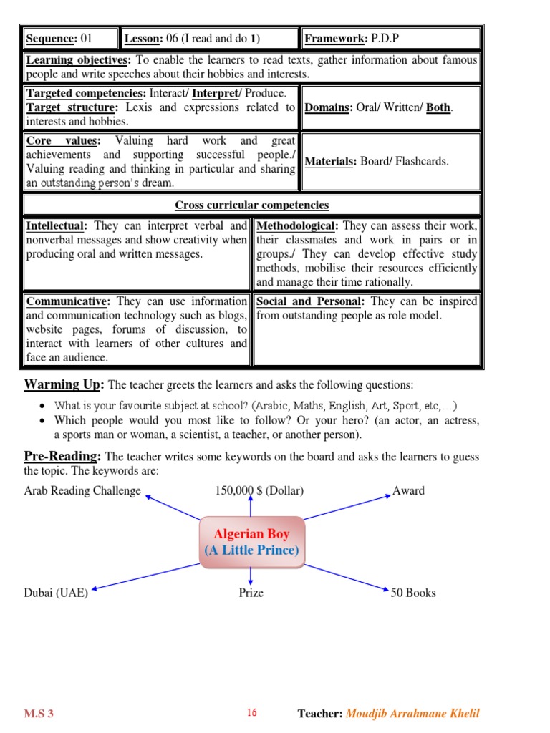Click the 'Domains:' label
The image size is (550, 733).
point(327,107)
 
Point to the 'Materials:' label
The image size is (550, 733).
point(331,161)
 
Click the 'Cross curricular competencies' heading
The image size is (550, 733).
point(252,205)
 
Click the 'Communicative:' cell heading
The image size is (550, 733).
point(67,301)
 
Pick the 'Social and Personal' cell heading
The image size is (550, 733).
point(308,301)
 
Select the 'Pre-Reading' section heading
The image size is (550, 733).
point(62,456)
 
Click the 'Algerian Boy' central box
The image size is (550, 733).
point(251,543)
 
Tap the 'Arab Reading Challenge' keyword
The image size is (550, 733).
point(82,491)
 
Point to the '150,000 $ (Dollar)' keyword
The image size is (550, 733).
point(259,491)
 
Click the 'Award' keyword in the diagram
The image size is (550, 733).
point(408,491)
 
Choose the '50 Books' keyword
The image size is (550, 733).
point(412,593)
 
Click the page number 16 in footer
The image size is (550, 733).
point(251,712)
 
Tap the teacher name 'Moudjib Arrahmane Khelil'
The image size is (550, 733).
point(412,713)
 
